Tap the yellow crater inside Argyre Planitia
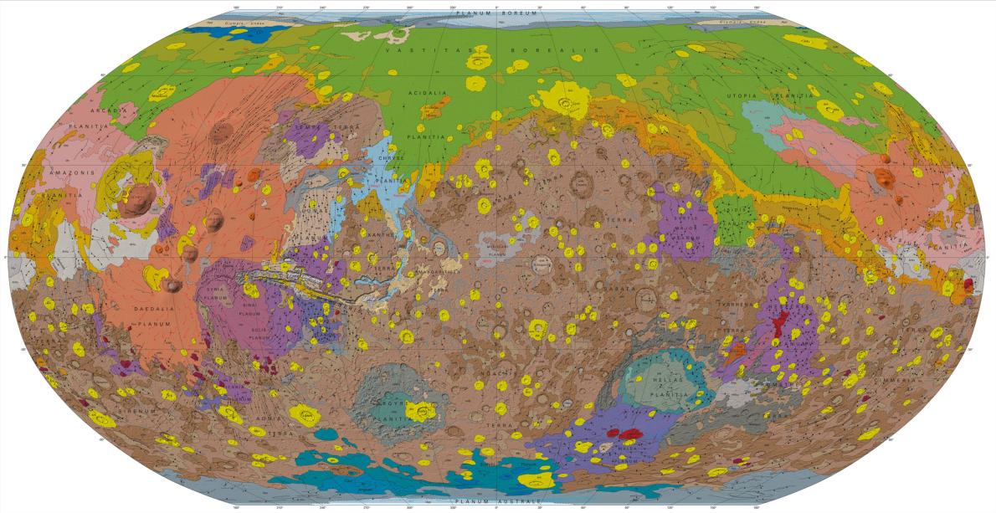(x=419, y=410)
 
